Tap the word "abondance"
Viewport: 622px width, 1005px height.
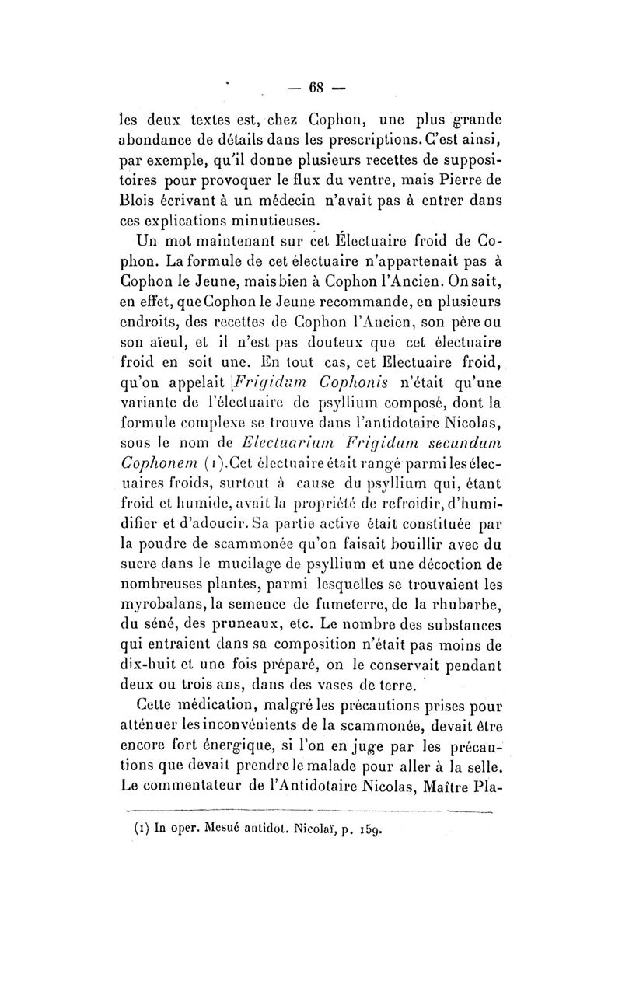click(x=161, y=142)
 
